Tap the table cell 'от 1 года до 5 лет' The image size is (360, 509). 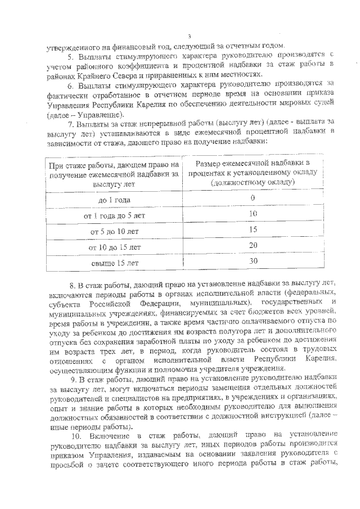tap(115, 215)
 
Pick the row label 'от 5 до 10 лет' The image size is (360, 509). tap(115, 231)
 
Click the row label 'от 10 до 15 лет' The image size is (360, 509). tap(115, 247)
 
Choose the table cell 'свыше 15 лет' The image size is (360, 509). tap(115, 262)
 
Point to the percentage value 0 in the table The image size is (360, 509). tap(253, 198)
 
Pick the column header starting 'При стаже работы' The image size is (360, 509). tap(115, 174)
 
